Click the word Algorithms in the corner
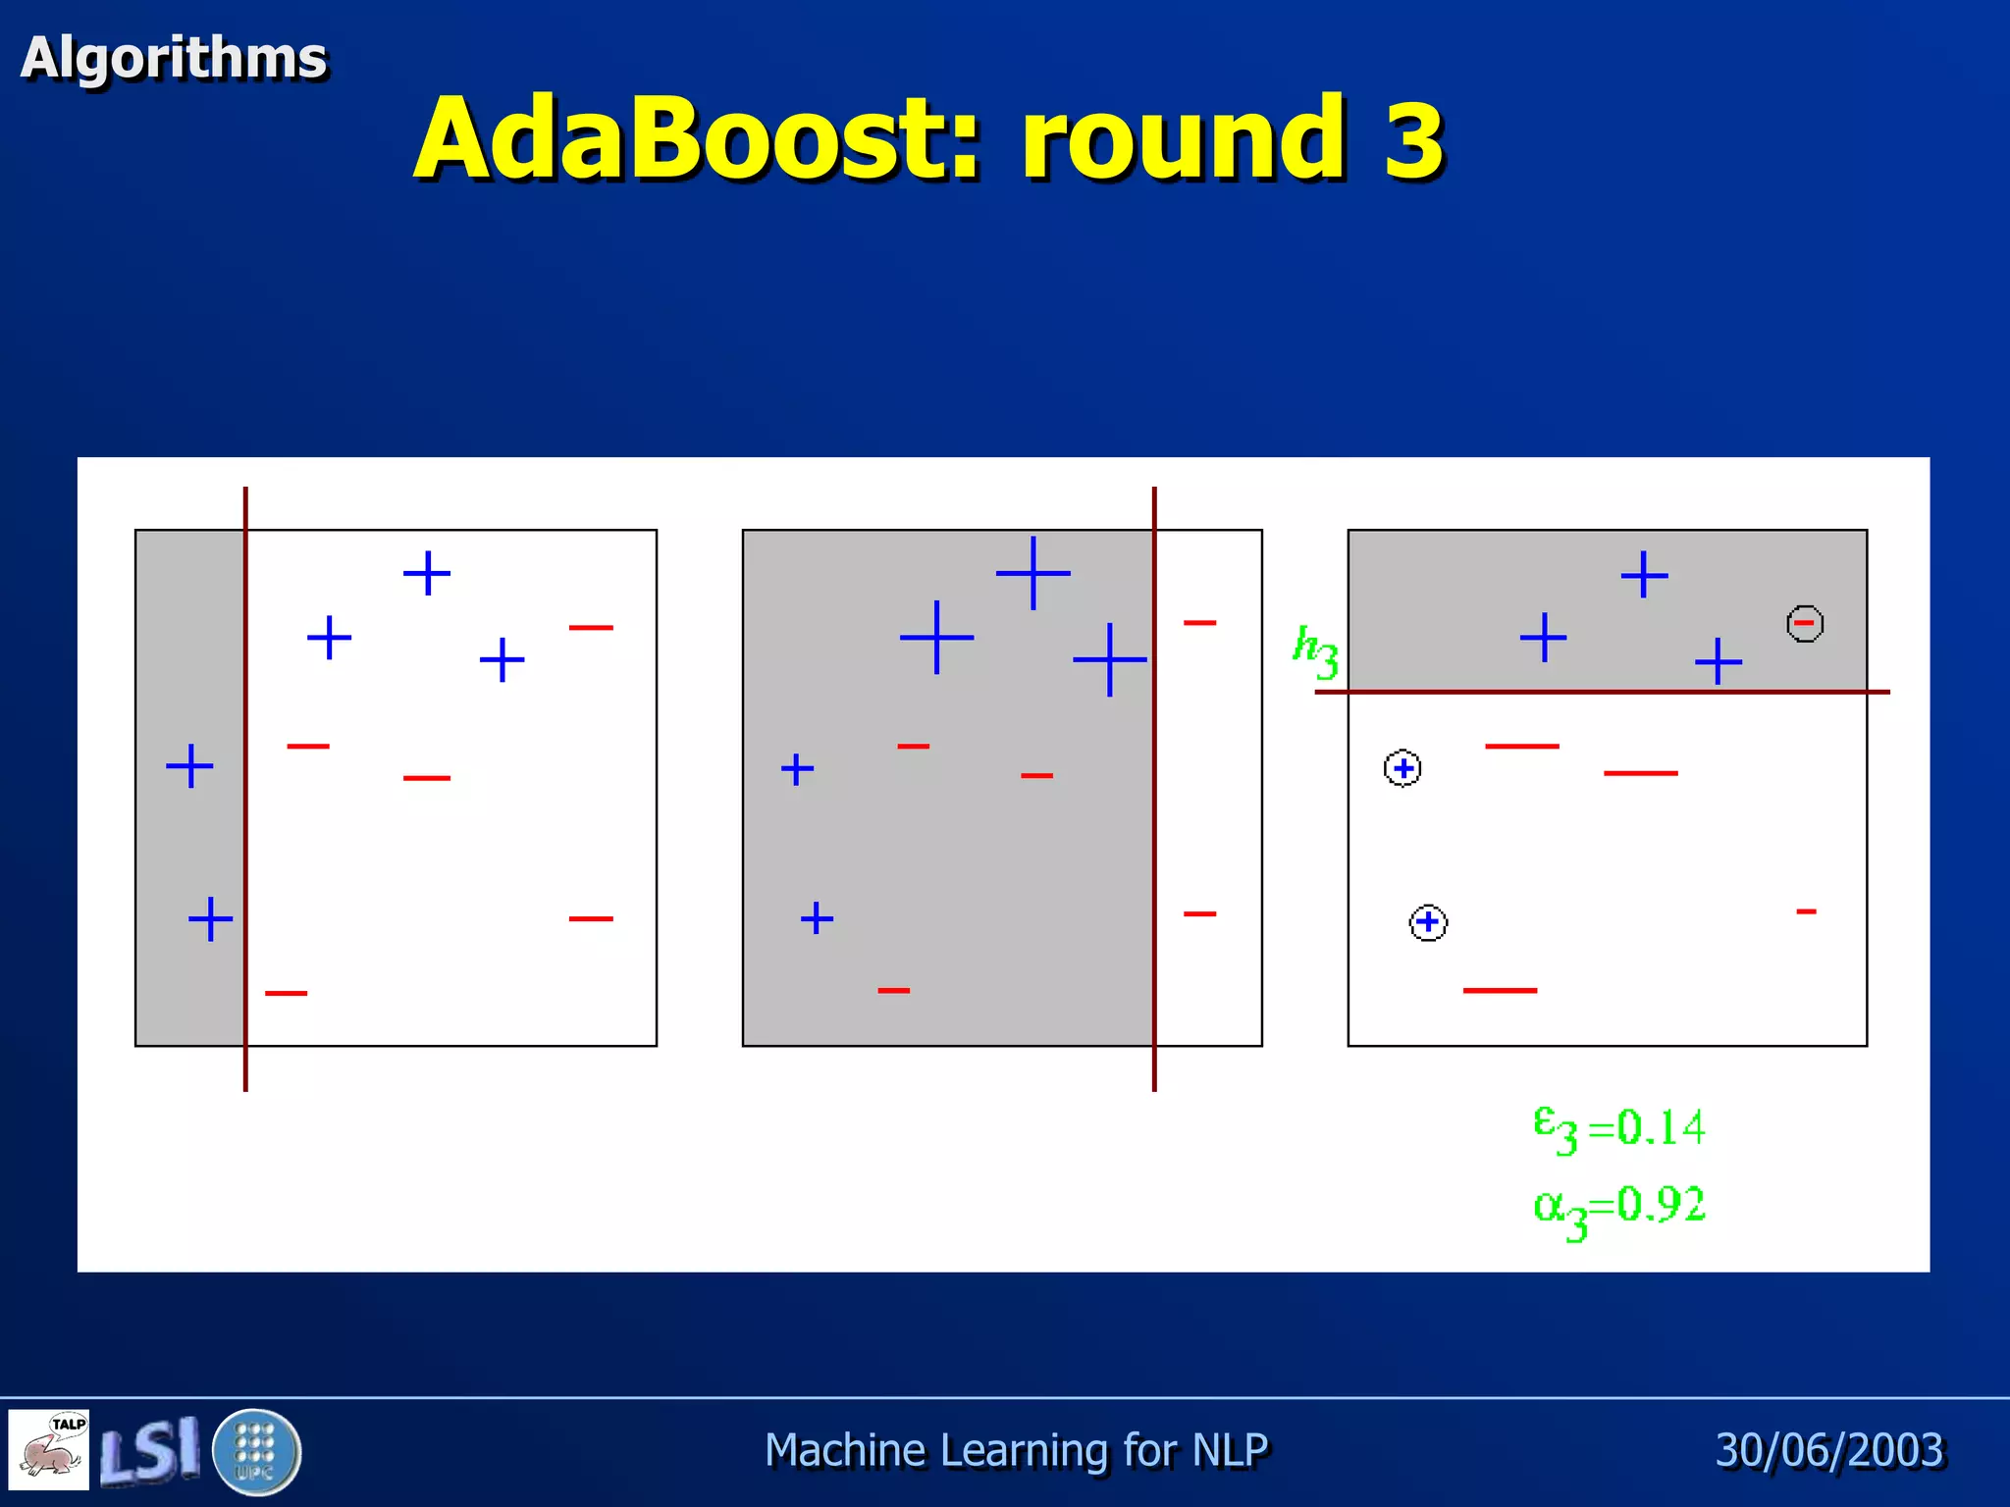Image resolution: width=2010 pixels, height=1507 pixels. click(x=174, y=58)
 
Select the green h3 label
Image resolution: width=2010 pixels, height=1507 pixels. click(x=1315, y=650)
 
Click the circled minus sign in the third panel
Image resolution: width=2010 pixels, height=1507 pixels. click(x=1804, y=623)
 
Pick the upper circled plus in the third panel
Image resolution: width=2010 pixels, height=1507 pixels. click(x=1402, y=768)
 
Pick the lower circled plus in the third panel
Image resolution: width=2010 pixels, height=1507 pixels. click(x=1428, y=922)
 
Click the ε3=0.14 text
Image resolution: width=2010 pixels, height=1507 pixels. click(x=1619, y=1128)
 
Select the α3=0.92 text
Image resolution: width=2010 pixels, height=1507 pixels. click(x=1619, y=1209)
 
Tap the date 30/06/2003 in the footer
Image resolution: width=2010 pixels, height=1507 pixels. click(x=1829, y=1450)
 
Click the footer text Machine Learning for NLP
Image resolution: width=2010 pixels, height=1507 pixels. click(x=1016, y=1450)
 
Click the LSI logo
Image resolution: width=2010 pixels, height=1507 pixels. click(x=150, y=1450)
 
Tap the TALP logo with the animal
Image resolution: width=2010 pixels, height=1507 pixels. click(x=49, y=1450)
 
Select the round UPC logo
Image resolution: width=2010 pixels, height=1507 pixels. click(x=256, y=1451)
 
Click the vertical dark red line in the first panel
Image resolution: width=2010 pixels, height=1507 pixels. click(x=245, y=834)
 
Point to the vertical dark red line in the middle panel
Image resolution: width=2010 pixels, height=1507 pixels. click(x=1154, y=834)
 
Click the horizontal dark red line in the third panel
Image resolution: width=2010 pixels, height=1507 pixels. click(x=1600, y=692)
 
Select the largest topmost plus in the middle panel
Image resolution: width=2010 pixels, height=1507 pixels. click(x=1032, y=572)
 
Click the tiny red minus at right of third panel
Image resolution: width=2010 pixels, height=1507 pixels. click(x=1806, y=911)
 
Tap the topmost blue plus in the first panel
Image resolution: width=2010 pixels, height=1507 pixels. click(x=427, y=573)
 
